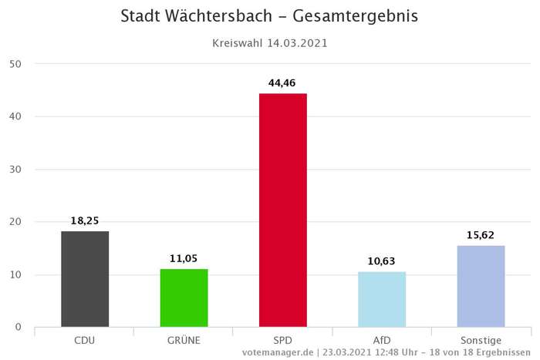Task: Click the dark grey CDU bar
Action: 85,279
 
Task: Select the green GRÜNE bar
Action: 184,298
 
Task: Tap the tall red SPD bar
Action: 283,210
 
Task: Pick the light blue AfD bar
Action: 382,299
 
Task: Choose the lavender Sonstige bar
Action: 481,286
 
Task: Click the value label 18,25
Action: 85,220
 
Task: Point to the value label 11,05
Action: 184,258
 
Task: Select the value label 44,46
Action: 283,82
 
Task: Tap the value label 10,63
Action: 382,261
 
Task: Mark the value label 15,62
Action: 481,234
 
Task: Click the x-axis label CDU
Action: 85,340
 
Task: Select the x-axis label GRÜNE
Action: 184,340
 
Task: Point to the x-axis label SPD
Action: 283,340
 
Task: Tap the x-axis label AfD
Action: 382,340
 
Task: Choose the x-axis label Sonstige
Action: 481,340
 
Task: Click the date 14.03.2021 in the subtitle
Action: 296,44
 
